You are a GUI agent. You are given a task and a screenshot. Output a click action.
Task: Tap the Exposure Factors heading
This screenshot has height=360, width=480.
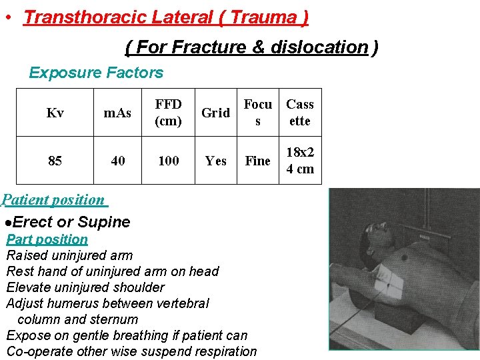tap(96, 73)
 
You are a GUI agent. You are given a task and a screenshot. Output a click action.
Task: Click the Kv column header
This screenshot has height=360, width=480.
tap(55, 113)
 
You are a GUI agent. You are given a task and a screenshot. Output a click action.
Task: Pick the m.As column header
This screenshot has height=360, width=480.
tap(117, 113)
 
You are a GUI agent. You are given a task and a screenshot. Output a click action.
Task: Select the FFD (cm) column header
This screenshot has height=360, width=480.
tap(168, 113)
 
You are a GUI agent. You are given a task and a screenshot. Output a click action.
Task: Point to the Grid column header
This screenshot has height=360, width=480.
tap(215, 113)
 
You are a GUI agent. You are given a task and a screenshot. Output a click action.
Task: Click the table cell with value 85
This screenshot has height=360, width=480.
tap(55, 161)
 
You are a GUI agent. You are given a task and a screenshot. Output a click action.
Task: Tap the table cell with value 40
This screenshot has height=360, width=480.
tap(117, 161)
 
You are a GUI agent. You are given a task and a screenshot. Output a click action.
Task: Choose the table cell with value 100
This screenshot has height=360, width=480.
tap(168, 161)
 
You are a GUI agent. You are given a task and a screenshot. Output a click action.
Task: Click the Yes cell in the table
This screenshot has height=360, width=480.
tap(215, 161)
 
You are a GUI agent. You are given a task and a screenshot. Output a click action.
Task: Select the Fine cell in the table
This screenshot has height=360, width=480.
tap(257, 161)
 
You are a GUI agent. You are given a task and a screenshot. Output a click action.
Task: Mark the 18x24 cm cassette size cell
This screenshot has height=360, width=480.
tap(300, 161)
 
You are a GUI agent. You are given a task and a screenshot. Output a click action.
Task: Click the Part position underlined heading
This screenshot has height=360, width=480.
tap(47, 239)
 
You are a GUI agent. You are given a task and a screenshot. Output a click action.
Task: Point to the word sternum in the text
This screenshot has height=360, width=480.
tap(115, 319)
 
